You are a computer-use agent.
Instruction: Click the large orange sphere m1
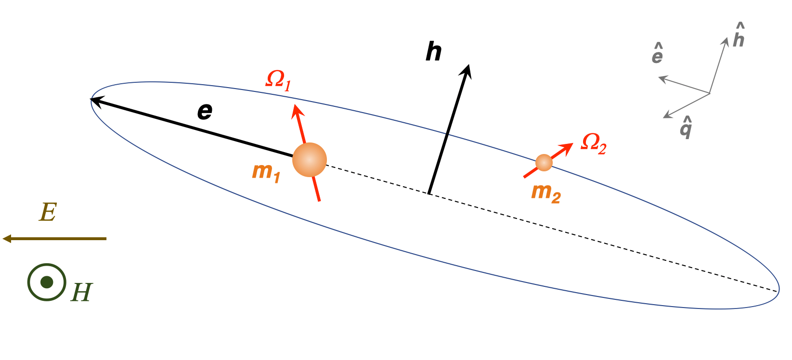pyautogui.click(x=310, y=160)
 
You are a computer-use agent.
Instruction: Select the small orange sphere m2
pyautogui.click(x=544, y=163)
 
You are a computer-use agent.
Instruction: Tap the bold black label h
pyautogui.click(x=433, y=52)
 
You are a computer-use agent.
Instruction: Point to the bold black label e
pyautogui.click(x=205, y=112)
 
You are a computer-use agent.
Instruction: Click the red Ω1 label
pyautogui.click(x=279, y=80)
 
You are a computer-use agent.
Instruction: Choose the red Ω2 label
pyautogui.click(x=594, y=143)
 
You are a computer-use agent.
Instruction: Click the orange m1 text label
pyautogui.click(x=266, y=172)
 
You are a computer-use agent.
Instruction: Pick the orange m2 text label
pyautogui.click(x=546, y=193)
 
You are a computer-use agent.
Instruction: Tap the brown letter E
pyautogui.click(x=48, y=212)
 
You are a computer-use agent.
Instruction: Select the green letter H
pyautogui.click(x=81, y=292)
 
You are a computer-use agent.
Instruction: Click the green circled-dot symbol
pyautogui.click(x=47, y=283)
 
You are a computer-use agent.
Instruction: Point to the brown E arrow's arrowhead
pyautogui.click(x=6, y=238)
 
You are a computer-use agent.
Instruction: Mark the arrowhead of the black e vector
pyautogui.click(x=94, y=100)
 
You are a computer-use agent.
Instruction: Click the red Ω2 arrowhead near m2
pyautogui.click(x=569, y=146)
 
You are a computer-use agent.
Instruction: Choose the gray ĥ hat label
pyautogui.click(x=739, y=36)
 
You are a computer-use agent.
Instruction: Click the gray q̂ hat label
pyautogui.click(x=686, y=128)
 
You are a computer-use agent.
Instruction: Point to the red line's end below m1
pyautogui.click(x=319, y=199)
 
